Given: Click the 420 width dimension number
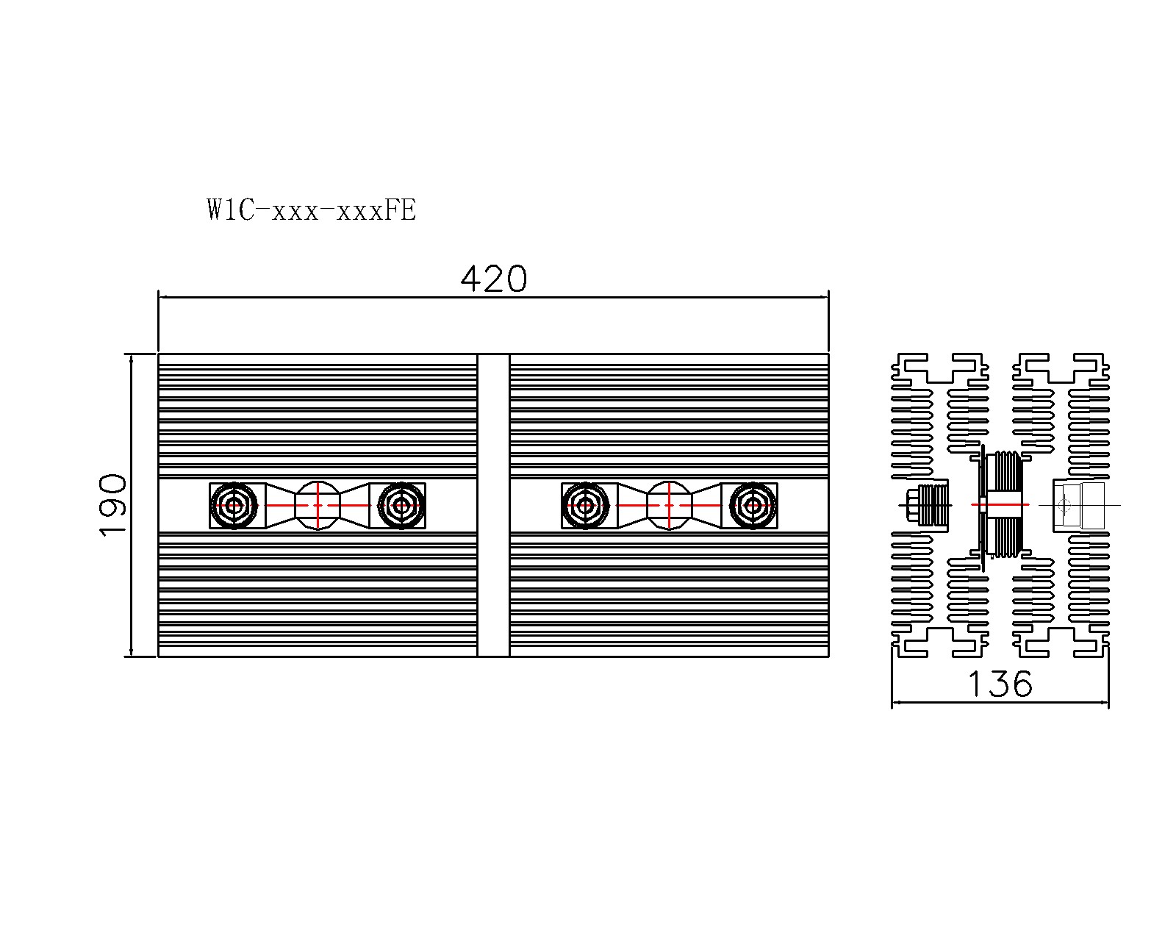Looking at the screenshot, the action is (x=493, y=279).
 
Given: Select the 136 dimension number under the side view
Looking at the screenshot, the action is (x=1000, y=684).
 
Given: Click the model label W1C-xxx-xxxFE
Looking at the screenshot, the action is (x=312, y=210).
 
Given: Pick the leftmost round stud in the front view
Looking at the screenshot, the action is (x=234, y=506).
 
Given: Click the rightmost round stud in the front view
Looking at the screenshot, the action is (x=753, y=506).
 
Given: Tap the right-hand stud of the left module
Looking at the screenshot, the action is (x=401, y=506).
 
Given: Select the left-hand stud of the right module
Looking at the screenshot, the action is (x=585, y=506).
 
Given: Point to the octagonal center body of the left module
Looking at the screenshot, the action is (x=318, y=506).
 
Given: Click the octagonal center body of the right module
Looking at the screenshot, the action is (x=669, y=506).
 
